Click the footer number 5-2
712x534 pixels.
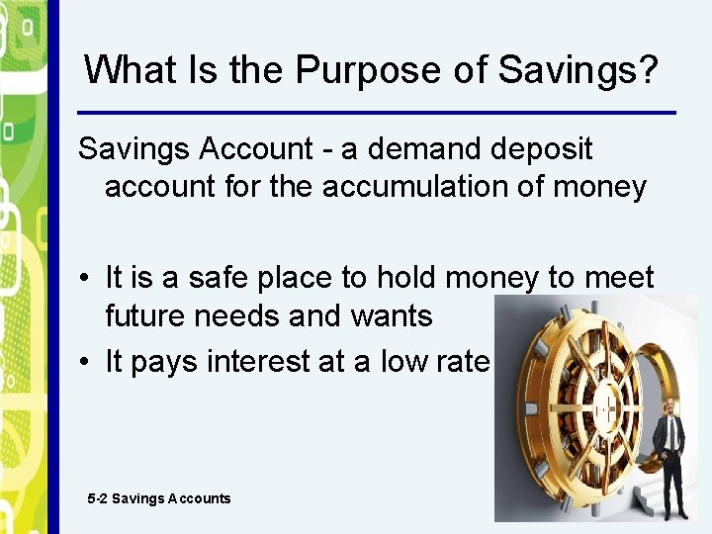click(97, 498)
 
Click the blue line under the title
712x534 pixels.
click(376, 112)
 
